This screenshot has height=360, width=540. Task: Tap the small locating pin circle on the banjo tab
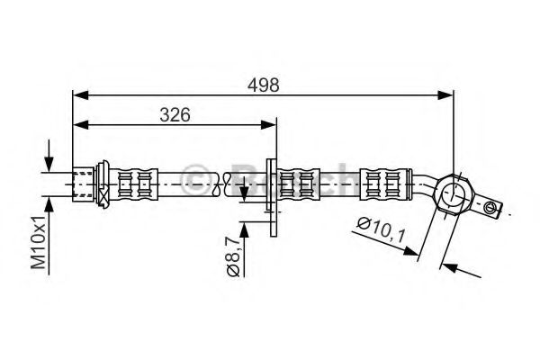[490, 209]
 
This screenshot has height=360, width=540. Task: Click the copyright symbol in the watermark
[195, 179]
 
